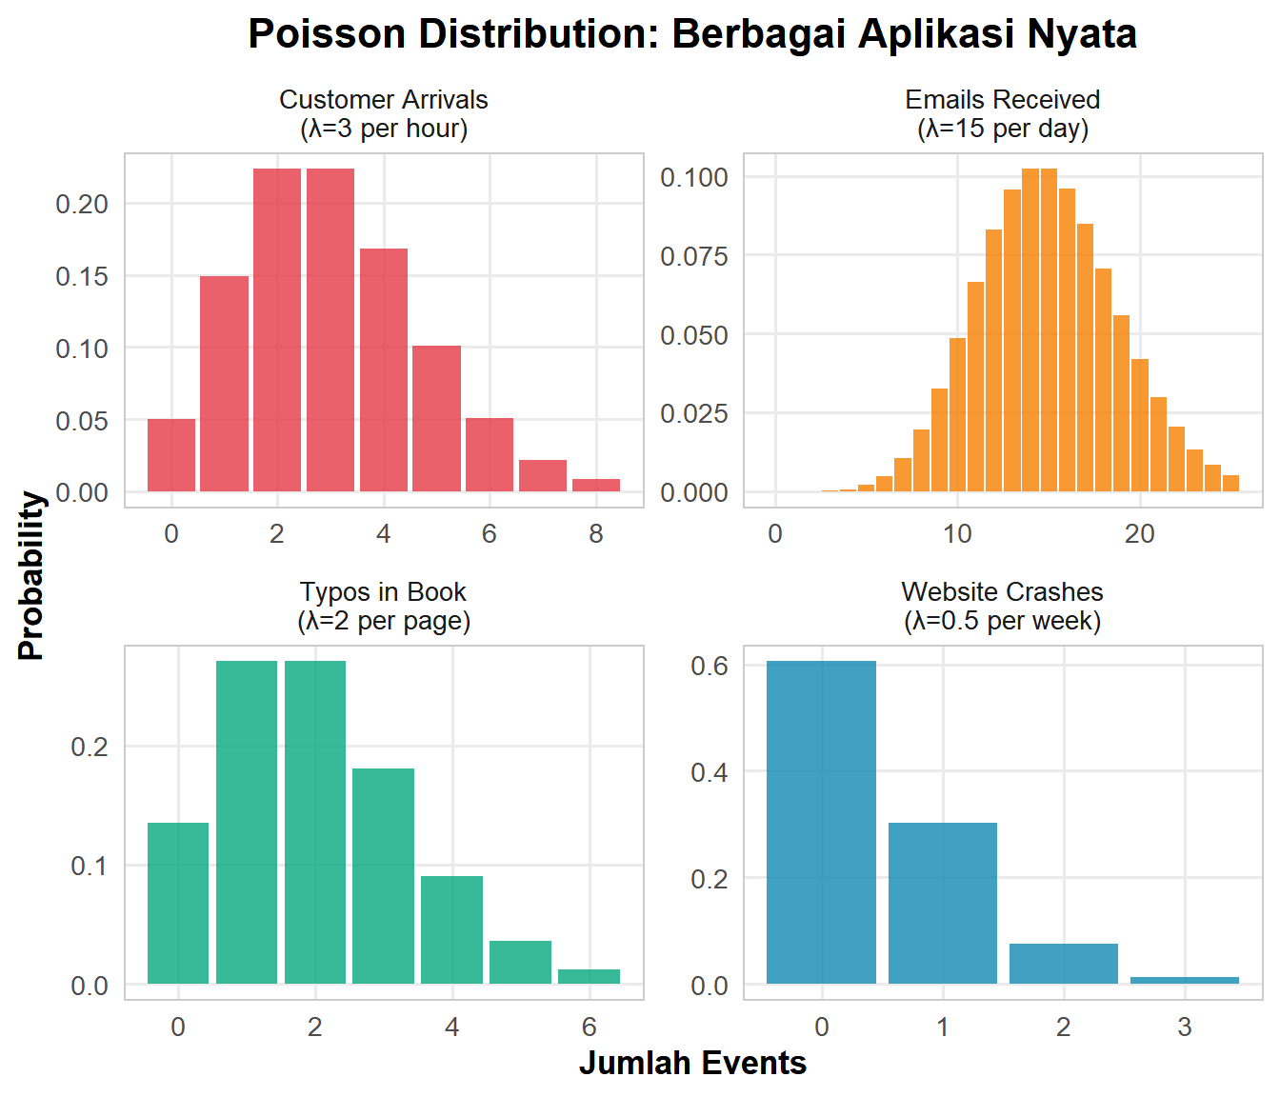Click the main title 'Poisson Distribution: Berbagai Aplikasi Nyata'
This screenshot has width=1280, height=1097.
tap(692, 34)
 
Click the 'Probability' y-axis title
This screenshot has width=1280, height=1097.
tap(31, 575)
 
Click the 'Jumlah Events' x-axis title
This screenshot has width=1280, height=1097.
tap(692, 1063)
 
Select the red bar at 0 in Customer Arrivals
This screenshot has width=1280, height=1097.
tap(171, 455)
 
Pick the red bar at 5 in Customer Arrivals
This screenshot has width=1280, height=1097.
tap(436, 419)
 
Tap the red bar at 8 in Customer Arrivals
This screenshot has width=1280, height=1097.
tap(596, 486)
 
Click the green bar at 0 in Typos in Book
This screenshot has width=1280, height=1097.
tap(178, 903)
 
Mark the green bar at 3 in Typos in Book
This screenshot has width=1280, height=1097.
tap(383, 876)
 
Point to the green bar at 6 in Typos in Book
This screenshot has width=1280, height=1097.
tap(589, 976)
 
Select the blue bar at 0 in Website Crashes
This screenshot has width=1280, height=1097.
tap(821, 823)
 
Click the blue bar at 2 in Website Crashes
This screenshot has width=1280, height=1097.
tap(1063, 964)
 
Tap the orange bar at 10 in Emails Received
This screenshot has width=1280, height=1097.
tap(957, 415)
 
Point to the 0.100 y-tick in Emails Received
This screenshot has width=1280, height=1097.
tap(694, 177)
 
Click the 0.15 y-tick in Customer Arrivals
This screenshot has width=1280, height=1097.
tap(82, 276)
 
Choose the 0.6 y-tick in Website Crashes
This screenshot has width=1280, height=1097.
tap(710, 666)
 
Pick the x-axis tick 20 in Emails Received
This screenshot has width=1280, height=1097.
tap(1139, 533)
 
